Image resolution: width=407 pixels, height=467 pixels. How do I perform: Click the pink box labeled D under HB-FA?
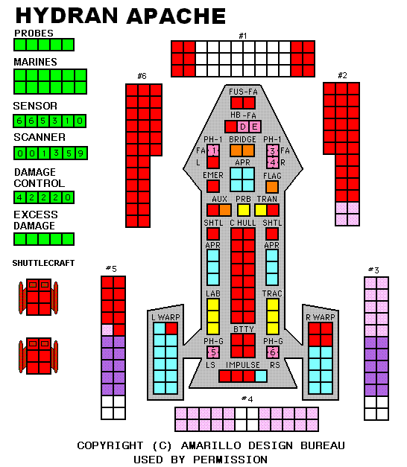pos(243,127)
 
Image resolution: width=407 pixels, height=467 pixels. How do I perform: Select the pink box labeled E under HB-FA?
pos(255,127)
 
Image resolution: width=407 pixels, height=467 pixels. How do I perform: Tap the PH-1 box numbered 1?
pos(213,150)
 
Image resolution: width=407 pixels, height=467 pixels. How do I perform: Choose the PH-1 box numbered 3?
pos(273,150)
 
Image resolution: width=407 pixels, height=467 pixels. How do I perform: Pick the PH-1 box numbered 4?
pos(273,162)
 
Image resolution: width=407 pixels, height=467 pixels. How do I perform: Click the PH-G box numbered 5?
pos(213,352)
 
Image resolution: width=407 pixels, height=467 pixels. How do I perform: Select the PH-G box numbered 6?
pos(273,352)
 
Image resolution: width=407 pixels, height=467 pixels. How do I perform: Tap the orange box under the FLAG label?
pos(272,187)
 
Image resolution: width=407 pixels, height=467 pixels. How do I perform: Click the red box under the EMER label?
pos(213,186)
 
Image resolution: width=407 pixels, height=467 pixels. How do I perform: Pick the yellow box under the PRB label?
pos(243,210)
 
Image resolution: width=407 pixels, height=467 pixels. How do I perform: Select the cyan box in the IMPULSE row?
pos(261,376)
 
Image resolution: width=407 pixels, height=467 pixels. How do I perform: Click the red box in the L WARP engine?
pos(171,328)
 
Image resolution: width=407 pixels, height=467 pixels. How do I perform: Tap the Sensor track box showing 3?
pos(55,121)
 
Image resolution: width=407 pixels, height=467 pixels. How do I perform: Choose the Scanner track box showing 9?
pos(81,153)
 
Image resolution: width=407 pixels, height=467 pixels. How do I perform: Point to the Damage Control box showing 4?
pos(19,197)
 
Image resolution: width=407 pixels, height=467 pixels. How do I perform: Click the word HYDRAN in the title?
pos(67,16)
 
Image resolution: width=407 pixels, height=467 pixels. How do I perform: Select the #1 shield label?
pos(243,36)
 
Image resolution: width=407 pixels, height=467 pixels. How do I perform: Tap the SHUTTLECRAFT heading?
pos(43,263)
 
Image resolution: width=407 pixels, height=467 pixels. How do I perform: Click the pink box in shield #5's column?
pos(107,330)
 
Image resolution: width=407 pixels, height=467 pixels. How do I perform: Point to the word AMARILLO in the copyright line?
pos(211,445)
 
